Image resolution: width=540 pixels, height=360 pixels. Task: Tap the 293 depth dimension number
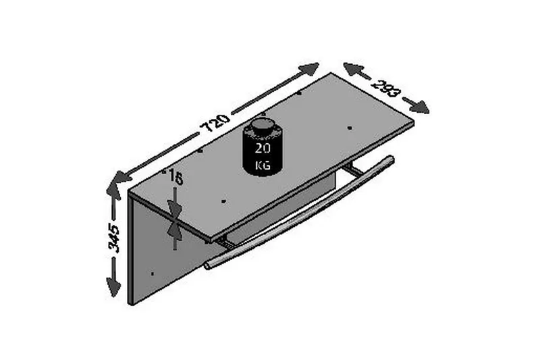(386, 89)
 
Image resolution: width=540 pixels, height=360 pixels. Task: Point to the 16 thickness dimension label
(175, 178)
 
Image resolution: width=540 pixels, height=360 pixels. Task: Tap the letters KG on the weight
(263, 164)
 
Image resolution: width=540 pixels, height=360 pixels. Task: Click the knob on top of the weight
(263, 125)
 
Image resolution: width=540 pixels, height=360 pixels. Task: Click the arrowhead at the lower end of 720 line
(119, 178)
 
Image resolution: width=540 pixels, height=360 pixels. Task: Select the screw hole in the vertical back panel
(154, 274)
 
